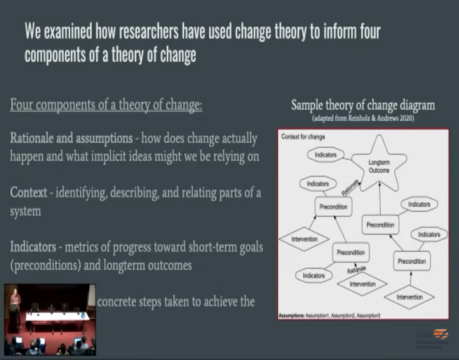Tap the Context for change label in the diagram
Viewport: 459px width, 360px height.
click(x=303, y=137)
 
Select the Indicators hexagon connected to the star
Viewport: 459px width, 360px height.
click(x=325, y=154)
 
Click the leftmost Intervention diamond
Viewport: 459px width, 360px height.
click(x=304, y=239)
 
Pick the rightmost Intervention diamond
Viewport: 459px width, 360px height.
click(x=409, y=297)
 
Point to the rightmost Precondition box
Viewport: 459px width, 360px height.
click(x=411, y=261)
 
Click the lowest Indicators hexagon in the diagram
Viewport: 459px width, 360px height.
click(x=314, y=275)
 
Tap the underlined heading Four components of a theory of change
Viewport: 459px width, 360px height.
click(x=106, y=105)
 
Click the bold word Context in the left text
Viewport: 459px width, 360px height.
click(x=28, y=193)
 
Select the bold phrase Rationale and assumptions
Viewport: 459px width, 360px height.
click(x=71, y=138)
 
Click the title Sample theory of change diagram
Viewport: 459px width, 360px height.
click(x=363, y=105)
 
